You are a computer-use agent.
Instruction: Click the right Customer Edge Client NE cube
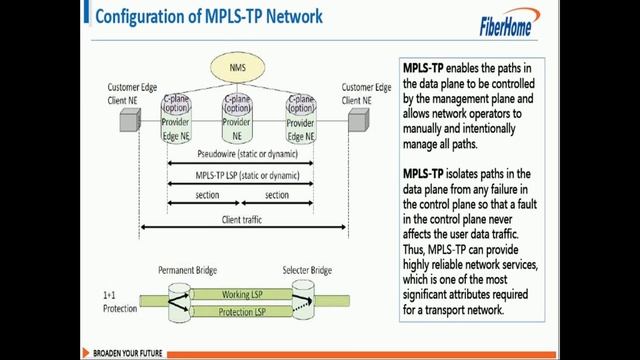click(357, 121)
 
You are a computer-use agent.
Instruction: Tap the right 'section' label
click(276, 195)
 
